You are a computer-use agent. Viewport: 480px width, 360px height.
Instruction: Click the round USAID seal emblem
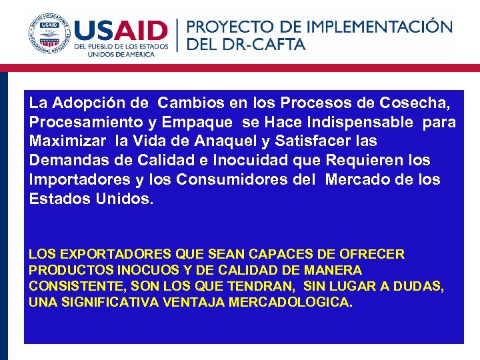49,33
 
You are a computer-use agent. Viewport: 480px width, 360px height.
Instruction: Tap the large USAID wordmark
121,30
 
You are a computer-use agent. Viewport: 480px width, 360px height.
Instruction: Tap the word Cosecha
414,103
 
